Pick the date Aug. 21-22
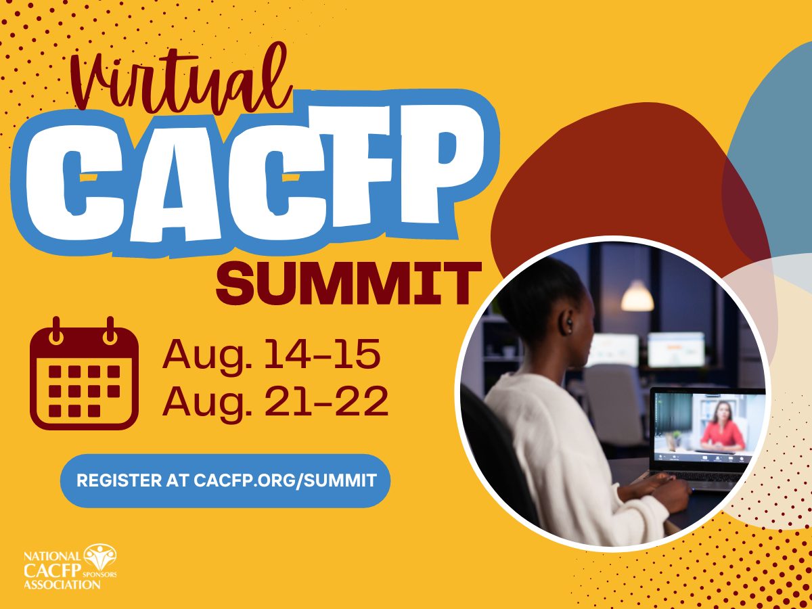[275, 402]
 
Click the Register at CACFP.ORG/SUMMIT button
[225, 481]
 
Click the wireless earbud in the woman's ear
[566, 328]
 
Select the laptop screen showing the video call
[707, 426]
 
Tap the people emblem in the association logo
[100, 556]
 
